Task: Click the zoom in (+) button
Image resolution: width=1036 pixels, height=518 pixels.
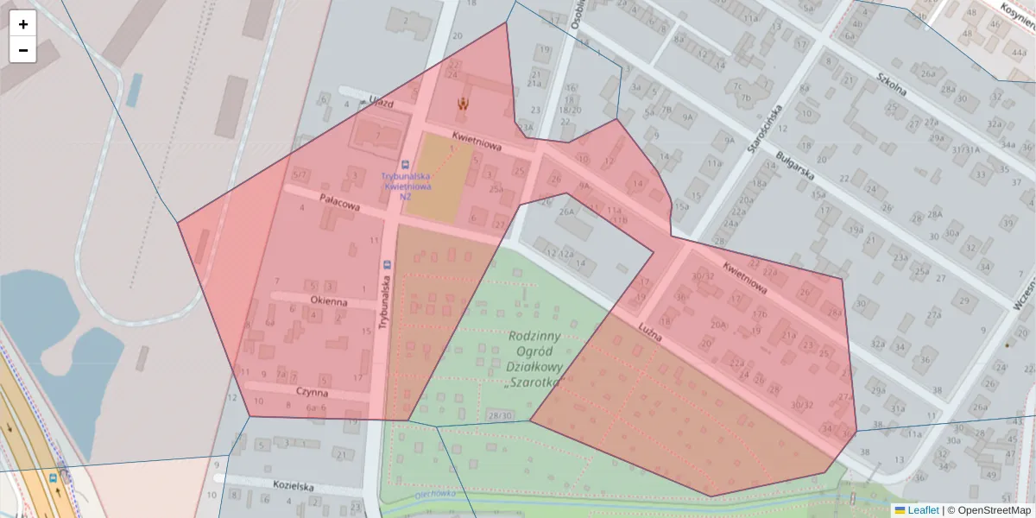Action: click(x=23, y=24)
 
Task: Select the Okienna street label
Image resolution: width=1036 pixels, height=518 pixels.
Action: click(x=329, y=302)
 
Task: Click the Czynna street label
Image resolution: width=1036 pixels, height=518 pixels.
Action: click(x=312, y=392)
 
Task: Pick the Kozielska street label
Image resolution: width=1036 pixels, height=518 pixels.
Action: click(x=291, y=486)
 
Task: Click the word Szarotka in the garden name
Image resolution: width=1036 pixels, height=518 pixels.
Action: click(x=535, y=382)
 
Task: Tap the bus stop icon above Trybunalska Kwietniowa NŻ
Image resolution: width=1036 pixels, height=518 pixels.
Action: click(x=405, y=164)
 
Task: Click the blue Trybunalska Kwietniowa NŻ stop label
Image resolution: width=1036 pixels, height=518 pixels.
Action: click(x=406, y=185)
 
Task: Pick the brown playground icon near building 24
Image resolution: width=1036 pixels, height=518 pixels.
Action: click(x=464, y=104)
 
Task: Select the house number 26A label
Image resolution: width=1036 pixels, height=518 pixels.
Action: click(x=566, y=212)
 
